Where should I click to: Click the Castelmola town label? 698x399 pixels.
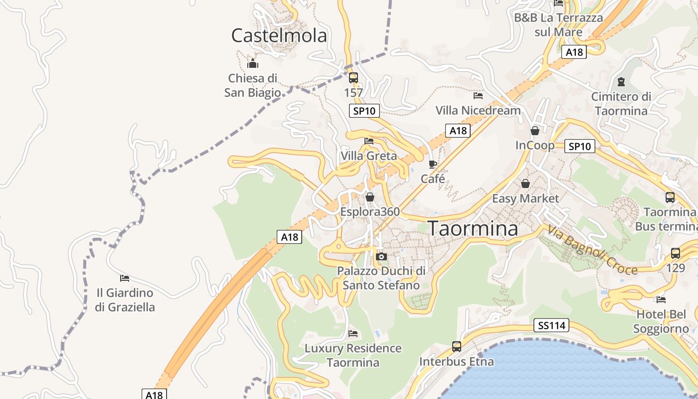[279, 35]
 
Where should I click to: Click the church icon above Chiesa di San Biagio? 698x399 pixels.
[253, 63]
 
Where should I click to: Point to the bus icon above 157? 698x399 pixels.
[353, 77]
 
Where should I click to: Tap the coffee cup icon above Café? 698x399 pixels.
[433, 164]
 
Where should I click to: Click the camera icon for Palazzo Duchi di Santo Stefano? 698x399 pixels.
[381, 256]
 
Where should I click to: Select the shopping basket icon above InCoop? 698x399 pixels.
[535, 131]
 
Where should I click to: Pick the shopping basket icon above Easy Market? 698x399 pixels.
[525, 184]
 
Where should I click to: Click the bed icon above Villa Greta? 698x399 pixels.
[369, 141]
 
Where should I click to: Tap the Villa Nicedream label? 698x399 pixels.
[478, 110]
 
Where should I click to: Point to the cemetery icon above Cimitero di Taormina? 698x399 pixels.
[621, 81]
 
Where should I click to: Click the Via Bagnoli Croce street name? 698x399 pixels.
[592, 250]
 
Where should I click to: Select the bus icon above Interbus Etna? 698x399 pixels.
[457, 346]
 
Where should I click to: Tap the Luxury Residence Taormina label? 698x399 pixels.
[353, 355]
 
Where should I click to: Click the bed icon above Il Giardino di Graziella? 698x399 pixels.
[125, 278]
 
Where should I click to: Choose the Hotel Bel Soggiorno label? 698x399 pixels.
[661, 322]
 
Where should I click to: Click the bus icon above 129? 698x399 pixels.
[676, 253]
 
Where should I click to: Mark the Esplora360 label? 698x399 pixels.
[370, 212]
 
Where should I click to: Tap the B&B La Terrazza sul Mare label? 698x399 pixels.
[558, 25]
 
